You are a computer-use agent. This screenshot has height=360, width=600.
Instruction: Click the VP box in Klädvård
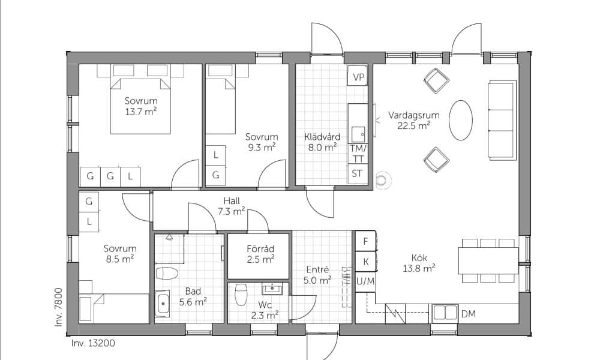pos(358,76)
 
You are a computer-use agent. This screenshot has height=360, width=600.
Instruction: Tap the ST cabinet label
pos(357,173)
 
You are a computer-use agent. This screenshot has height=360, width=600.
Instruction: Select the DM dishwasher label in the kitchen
pos(469,314)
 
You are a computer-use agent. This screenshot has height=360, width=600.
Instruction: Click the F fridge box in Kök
pos(365,241)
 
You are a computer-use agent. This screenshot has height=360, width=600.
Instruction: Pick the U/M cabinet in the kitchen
pos(365,281)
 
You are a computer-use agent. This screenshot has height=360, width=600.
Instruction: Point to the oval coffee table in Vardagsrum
pos(460,120)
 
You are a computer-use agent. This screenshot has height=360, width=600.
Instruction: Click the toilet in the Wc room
pos(241,294)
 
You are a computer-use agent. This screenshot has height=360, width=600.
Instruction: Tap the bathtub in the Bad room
pos(162,304)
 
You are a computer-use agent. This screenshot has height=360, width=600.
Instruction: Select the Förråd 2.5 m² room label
pos(260,254)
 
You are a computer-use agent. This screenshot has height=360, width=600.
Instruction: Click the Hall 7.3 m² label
pos(232,206)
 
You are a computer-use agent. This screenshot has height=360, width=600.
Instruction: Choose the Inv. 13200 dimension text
pos(93,343)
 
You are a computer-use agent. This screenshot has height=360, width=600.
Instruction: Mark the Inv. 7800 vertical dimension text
pos(59,307)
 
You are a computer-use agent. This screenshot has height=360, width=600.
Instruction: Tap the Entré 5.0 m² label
pos(317,275)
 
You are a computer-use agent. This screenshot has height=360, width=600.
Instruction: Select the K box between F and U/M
pos(365,262)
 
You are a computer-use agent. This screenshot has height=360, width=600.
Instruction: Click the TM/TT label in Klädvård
pos(358,154)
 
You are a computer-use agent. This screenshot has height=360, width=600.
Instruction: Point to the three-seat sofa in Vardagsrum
pos(502,119)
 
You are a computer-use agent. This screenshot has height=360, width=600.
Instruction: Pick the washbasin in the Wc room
pos(272,289)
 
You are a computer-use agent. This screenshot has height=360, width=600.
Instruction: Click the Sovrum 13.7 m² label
pos(141,106)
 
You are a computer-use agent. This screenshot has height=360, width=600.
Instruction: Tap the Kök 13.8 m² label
pos(419,263)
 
